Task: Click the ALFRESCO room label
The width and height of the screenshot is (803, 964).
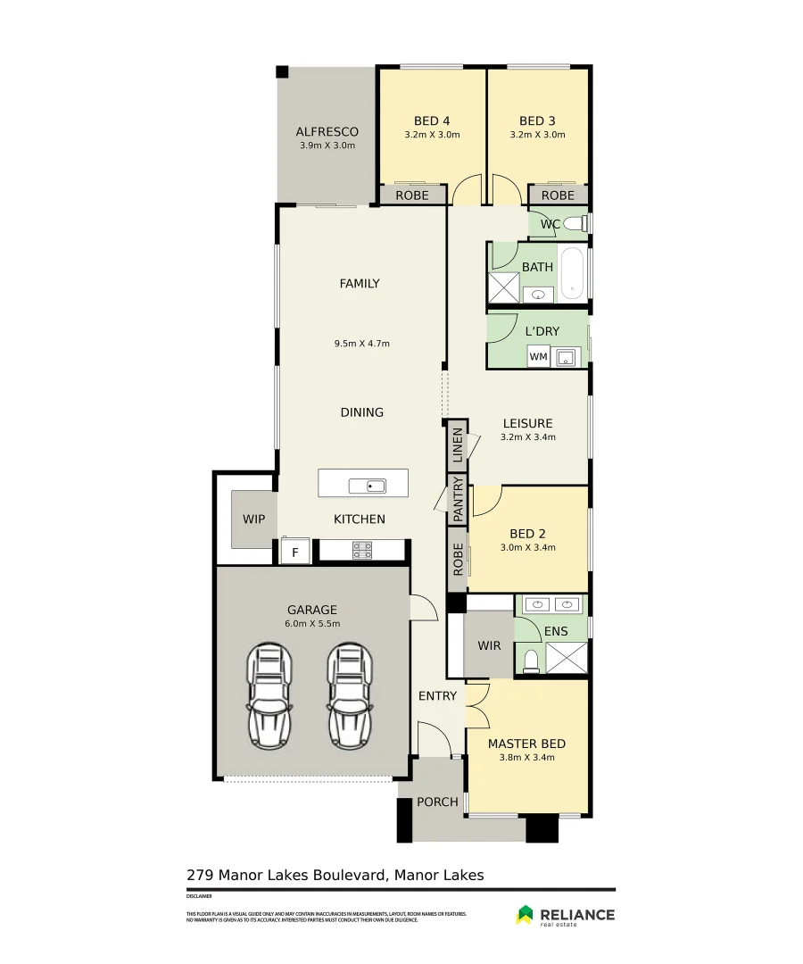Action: pyautogui.click(x=327, y=132)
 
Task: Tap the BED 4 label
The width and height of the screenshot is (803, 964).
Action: pyautogui.click(x=432, y=121)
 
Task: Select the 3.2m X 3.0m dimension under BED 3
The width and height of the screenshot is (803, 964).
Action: pyautogui.click(x=537, y=136)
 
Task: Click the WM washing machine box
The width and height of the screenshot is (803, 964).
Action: pyautogui.click(x=538, y=357)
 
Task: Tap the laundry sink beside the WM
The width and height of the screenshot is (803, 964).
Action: pyautogui.click(x=565, y=358)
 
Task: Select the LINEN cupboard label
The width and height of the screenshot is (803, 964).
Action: pyautogui.click(x=458, y=445)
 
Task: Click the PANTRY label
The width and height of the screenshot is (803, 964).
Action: pyautogui.click(x=458, y=499)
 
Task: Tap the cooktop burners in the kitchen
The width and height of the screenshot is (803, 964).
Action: pyautogui.click(x=362, y=551)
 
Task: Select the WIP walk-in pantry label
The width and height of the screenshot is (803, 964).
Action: pyautogui.click(x=253, y=519)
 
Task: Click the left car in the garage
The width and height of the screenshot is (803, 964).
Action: pyautogui.click(x=269, y=694)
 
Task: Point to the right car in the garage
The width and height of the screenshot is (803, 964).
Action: pyautogui.click(x=351, y=694)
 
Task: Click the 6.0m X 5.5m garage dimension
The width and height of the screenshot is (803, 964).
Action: pyautogui.click(x=311, y=624)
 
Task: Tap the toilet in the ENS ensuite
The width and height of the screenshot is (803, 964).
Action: pyautogui.click(x=531, y=659)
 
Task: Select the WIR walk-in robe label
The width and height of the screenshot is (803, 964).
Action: pyautogui.click(x=489, y=645)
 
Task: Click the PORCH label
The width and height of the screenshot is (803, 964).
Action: pyautogui.click(x=437, y=802)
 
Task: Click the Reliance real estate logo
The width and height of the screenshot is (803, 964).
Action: pyautogui.click(x=565, y=915)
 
